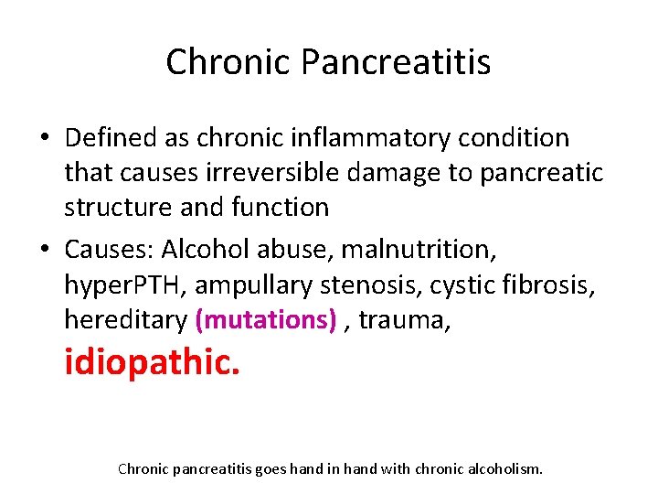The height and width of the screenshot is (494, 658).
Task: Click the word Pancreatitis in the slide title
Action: pos(395,62)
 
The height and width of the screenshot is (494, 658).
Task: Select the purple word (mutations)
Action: pos(265,319)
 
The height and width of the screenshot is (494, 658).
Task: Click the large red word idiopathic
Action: pos(152,362)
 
